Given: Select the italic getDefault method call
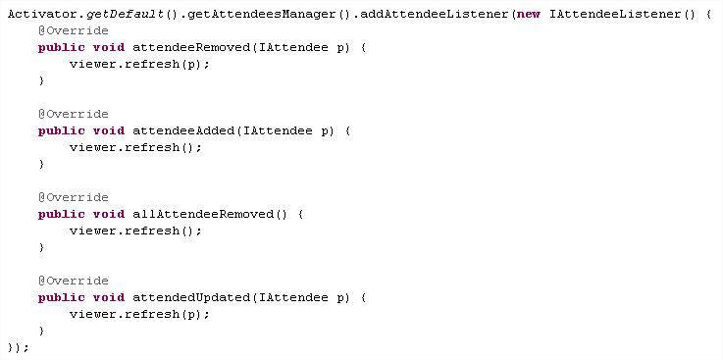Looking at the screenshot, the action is (125, 15).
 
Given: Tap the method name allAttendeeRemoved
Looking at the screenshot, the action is (203, 215).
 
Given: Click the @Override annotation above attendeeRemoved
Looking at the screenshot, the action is (74, 30).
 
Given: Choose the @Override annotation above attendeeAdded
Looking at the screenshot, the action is (74, 115).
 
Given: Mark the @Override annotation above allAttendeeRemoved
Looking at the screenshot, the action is (74, 198).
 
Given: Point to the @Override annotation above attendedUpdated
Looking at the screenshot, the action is (74, 282).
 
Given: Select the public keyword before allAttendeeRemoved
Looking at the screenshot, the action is (62, 215).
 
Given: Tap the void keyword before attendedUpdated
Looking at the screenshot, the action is (109, 298).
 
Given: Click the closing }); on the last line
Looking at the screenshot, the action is (19, 347).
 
